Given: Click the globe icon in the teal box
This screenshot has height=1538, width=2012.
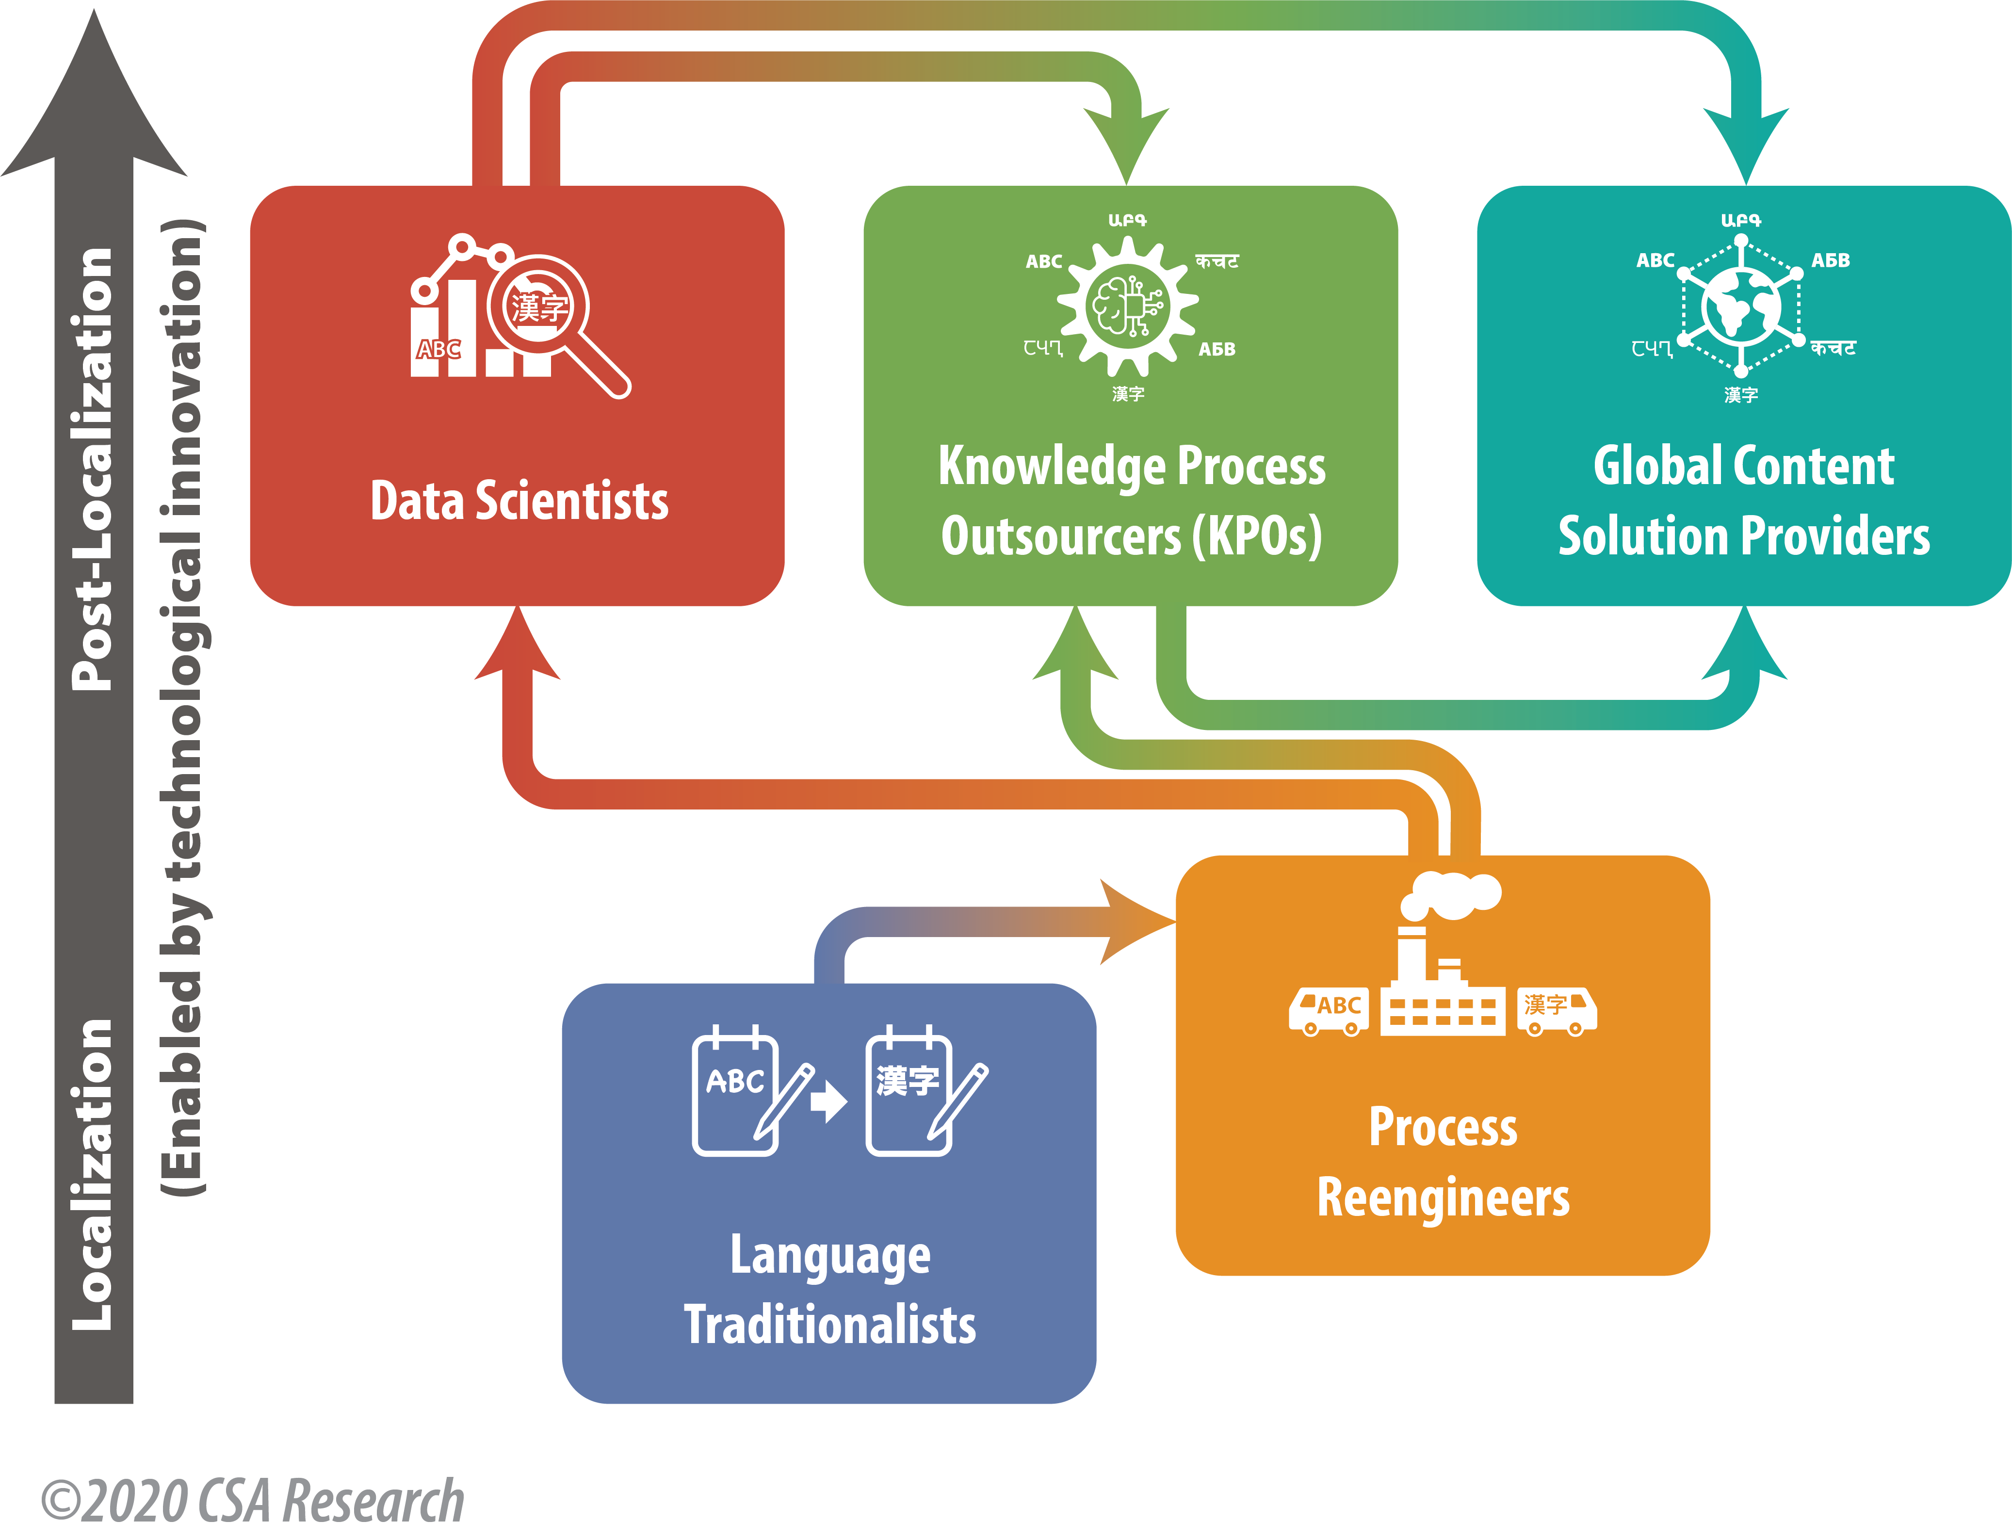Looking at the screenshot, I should click(1740, 306).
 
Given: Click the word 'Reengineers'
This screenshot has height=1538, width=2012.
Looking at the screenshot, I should click(1443, 1198).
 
